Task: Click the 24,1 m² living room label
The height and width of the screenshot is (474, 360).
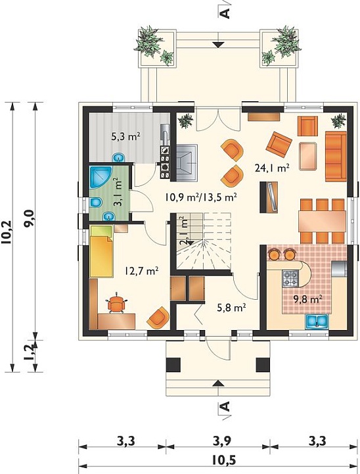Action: click(273, 168)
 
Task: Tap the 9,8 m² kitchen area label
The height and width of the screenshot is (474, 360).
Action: click(307, 299)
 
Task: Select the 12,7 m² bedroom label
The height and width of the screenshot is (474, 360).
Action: click(142, 271)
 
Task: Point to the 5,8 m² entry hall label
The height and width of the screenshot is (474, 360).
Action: click(231, 308)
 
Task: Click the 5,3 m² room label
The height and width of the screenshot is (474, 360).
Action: click(125, 137)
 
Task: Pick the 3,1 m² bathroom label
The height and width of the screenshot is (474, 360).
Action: click(118, 192)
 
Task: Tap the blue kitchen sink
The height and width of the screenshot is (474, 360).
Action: click(317, 321)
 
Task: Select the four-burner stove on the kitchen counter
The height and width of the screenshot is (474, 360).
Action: click(290, 278)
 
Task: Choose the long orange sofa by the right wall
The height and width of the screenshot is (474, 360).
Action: click(336, 156)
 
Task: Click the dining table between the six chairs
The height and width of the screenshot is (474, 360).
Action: click(322, 222)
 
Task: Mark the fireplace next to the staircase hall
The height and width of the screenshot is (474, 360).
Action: click(187, 163)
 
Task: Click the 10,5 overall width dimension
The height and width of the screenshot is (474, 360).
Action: click(224, 460)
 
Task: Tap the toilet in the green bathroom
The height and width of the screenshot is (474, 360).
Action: click(96, 202)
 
